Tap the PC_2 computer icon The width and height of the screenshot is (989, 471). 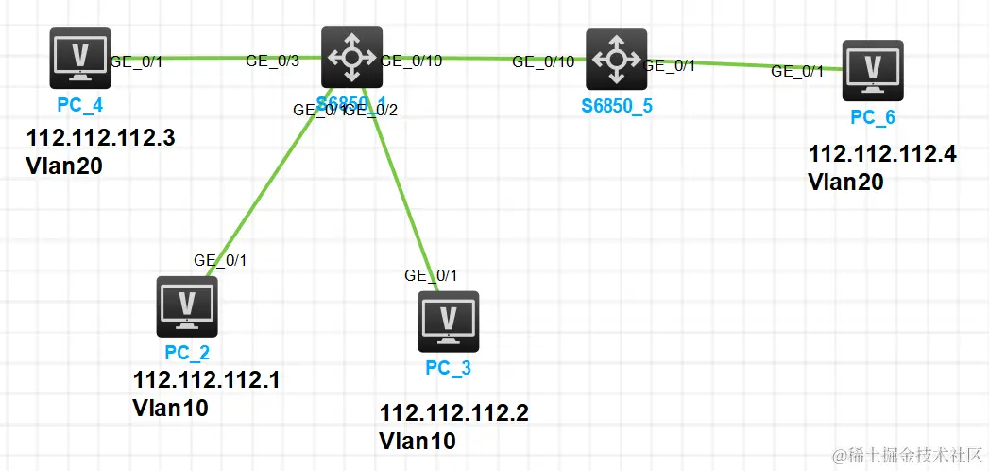187,306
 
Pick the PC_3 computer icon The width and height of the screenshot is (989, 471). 449,322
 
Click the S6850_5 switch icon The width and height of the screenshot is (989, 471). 617,59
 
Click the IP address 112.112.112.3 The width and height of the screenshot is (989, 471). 101,138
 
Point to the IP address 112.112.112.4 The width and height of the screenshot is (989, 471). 882,154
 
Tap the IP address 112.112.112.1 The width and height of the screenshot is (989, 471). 206,380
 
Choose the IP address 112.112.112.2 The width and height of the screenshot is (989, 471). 453,413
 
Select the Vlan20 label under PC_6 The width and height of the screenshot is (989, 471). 845,182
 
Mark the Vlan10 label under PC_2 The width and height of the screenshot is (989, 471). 170,408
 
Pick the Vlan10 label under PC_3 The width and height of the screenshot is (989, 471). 417,441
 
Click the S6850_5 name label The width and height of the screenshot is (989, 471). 617,106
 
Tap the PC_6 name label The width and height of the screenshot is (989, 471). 873,118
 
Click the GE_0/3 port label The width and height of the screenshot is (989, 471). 272,61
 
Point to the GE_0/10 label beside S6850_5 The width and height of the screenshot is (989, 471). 543,62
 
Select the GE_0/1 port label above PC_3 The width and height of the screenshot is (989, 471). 431,275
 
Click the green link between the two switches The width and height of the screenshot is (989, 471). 482,59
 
